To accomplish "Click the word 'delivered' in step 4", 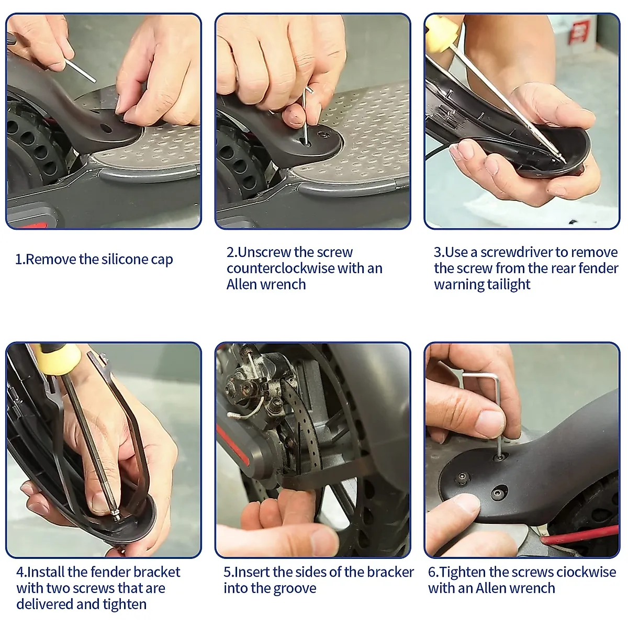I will [47, 604].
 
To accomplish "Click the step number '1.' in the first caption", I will [20, 260].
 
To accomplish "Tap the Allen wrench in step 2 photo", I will [305, 118].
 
